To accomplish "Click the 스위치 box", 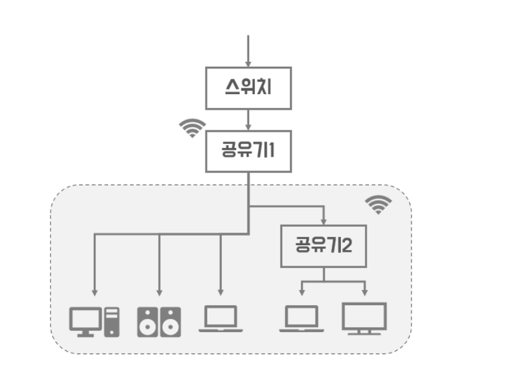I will point(248,88).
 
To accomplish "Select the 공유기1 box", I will point(248,151).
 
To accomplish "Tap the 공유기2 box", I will point(323,246).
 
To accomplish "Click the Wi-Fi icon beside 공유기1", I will point(192,128).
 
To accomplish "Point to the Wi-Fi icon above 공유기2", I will point(378,204).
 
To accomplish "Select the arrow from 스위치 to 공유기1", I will point(248,120).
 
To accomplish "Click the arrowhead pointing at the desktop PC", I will point(95,293).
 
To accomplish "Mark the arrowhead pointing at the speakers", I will point(159,293).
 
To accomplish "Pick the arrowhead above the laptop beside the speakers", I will point(221,293).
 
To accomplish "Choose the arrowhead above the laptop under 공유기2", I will point(302,293).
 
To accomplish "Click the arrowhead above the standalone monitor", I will point(364,293).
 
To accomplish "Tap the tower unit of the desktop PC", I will point(112,322).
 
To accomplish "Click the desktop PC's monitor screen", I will point(85,318).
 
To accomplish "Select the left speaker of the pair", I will point(147,322).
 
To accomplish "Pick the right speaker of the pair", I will point(170,322).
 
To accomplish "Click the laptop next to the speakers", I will point(221,319).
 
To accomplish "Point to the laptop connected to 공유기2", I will point(302,319).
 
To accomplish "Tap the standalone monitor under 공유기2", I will point(364,317).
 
